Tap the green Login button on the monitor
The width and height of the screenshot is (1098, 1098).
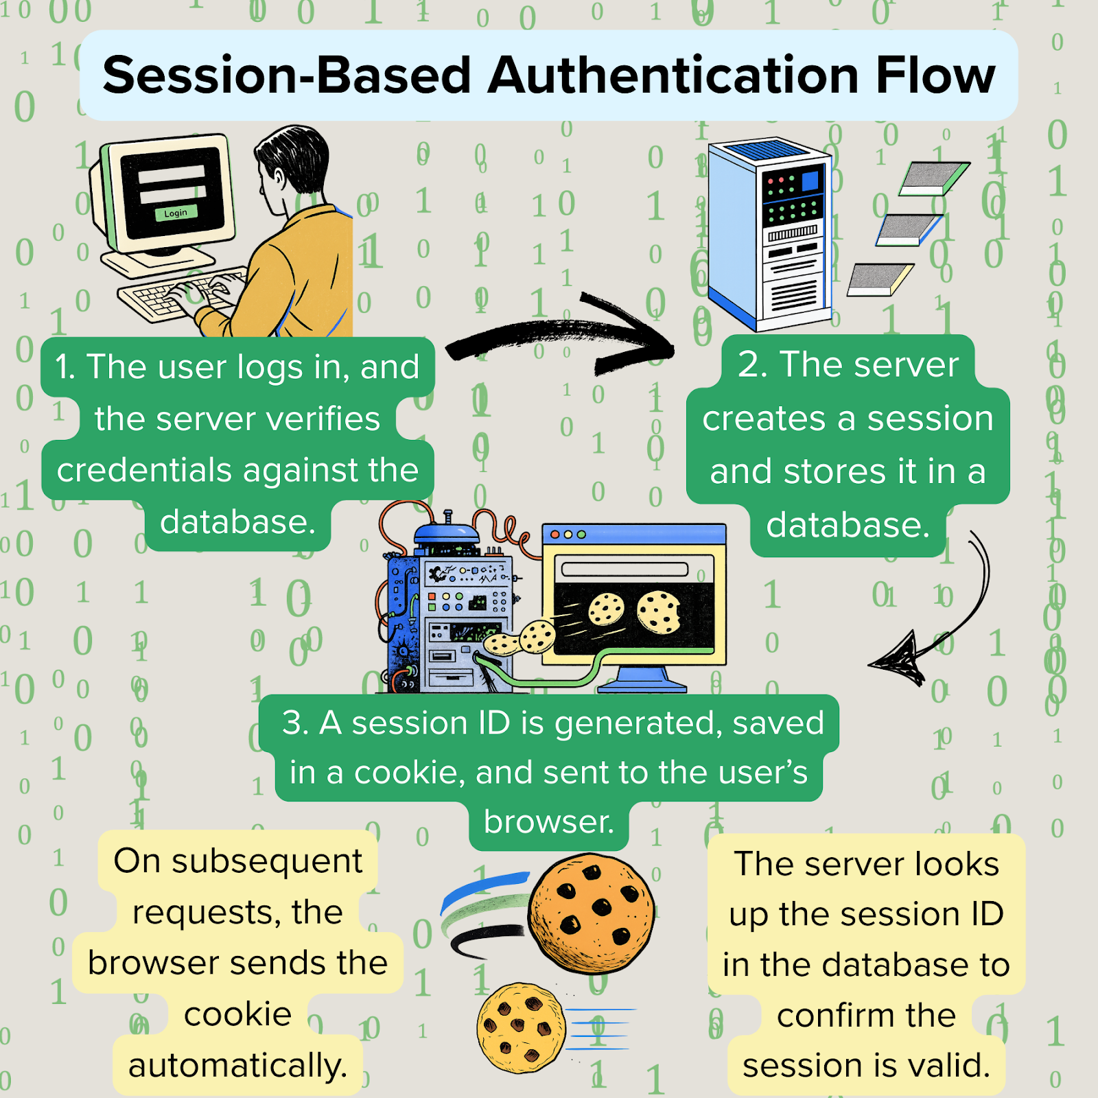176,213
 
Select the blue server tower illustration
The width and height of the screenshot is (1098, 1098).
769,233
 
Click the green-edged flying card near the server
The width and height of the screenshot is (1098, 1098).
933,178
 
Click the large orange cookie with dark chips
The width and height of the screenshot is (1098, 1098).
590,913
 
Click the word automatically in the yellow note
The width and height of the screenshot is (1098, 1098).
237,1066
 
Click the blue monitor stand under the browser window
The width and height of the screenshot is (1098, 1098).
642,679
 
